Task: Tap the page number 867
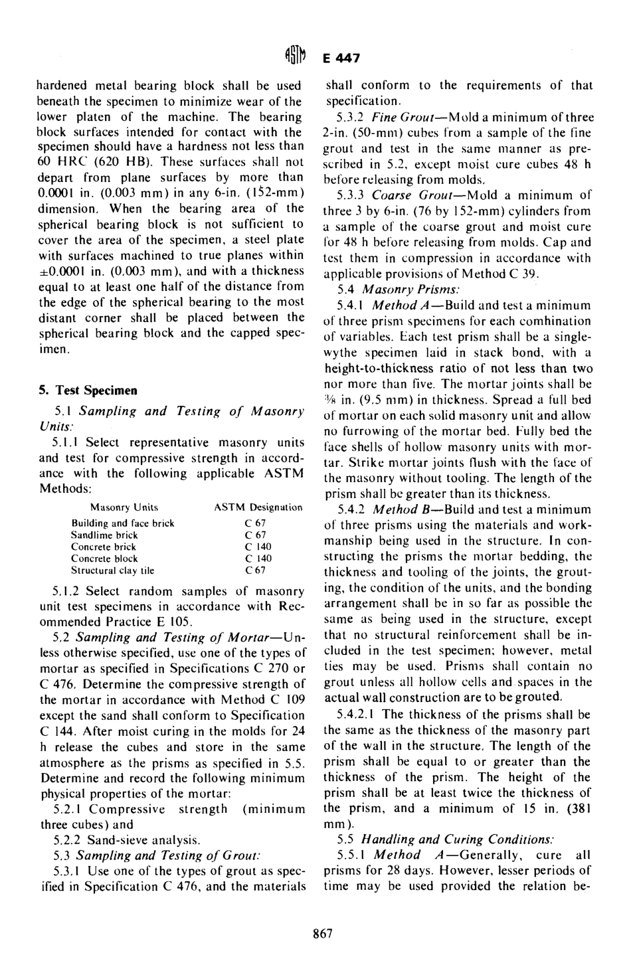coord(322,933)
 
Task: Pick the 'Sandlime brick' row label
coord(104,535)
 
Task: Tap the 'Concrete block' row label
coord(104,559)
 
